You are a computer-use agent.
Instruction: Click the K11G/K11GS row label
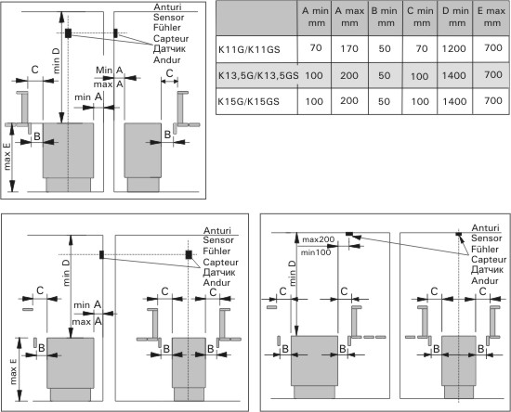[249, 50]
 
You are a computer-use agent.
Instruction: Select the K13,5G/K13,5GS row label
[258, 76]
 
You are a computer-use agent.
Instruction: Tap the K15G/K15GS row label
[249, 101]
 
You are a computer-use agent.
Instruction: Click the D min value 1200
[454, 49]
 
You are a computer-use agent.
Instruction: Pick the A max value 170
[349, 49]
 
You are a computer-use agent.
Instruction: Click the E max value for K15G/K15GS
[493, 100]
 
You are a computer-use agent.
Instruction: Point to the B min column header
[385, 17]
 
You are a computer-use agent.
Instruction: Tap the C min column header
[420, 17]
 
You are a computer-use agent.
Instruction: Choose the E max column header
[491, 17]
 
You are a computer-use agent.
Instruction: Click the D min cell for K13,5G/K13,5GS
[454, 75]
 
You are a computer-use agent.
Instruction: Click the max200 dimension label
[318, 239]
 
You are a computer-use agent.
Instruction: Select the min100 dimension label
[316, 252]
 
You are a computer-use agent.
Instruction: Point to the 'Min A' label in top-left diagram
[110, 70]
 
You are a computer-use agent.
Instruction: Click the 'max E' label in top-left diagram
[7, 157]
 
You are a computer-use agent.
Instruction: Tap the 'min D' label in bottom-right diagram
[292, 273]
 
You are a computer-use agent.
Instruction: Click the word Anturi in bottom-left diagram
[216, 230]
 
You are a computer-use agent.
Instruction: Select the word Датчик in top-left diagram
[169, 49]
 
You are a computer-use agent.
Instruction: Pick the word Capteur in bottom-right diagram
[489, 260]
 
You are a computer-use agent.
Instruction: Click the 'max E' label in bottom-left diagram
[13, 371]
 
